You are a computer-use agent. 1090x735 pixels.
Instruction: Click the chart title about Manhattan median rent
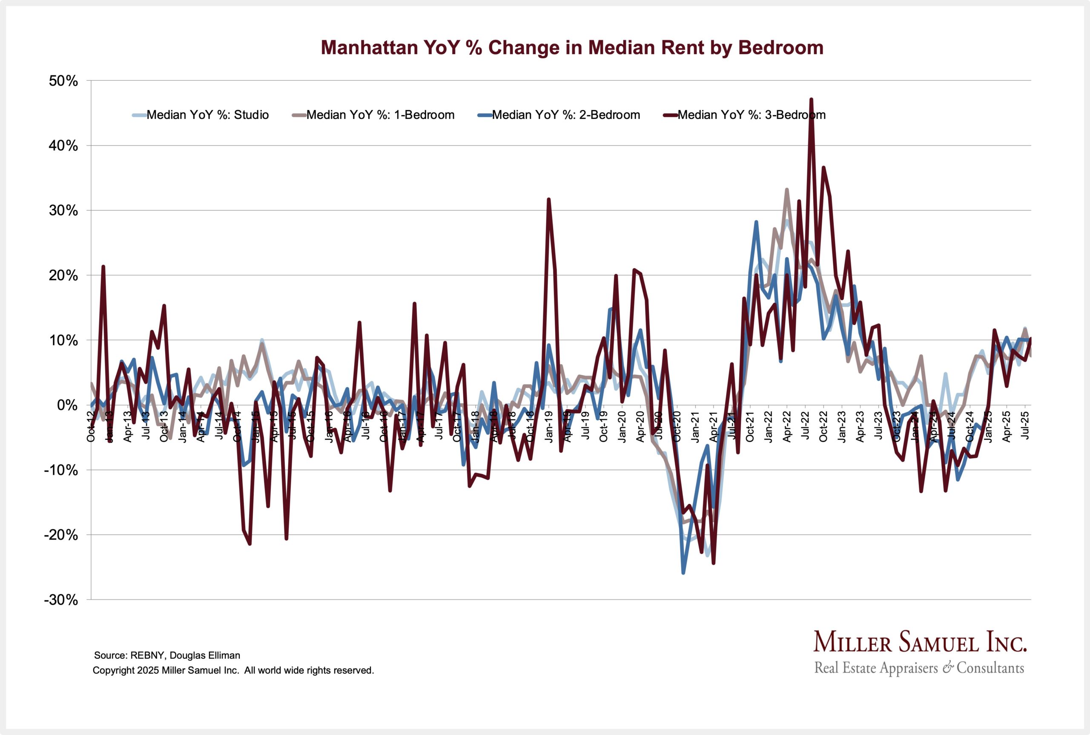[572, 48]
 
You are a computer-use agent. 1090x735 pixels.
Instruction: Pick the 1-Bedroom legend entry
[379, 115]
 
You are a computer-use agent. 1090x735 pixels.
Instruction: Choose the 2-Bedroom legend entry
[565, 115]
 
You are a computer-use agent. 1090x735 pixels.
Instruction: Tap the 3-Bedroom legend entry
[751, 115]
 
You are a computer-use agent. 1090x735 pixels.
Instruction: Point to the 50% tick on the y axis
[63, 80]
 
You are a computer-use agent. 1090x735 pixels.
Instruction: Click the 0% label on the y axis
[67, 405]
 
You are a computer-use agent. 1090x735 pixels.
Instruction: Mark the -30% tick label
[61, 600]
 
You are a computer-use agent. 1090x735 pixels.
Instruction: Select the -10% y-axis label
[61, 470]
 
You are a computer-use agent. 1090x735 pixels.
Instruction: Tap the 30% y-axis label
[63, 210]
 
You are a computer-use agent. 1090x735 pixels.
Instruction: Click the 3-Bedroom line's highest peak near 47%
[811, 99]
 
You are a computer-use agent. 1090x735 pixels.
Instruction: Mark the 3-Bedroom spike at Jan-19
[549, 200]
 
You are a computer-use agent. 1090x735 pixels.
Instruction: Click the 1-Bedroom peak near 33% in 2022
[787, 190]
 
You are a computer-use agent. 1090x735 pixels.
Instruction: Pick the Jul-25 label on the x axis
[1025, 425]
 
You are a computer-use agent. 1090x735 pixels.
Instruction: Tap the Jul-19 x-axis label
[585, 425]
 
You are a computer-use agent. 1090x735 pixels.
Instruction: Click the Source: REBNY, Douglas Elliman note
[167, 655]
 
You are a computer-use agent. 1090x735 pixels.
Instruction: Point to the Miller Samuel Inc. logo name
[919, 643]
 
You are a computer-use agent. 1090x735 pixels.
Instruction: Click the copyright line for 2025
[233, 670]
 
